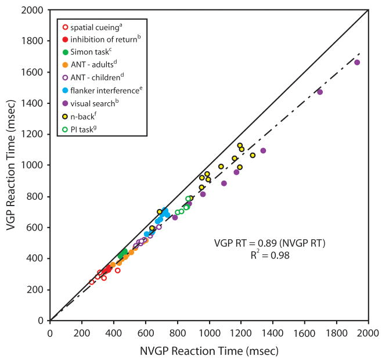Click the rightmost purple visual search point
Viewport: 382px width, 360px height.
tap(357, 62)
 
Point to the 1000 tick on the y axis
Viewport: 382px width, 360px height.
tap(35, 165)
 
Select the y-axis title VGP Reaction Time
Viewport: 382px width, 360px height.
tap(10, 165)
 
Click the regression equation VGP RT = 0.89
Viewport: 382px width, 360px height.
tap(269, 243)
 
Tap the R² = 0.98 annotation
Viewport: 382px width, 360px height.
tap(269, 254)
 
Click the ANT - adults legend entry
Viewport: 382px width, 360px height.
tap(93, 64)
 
